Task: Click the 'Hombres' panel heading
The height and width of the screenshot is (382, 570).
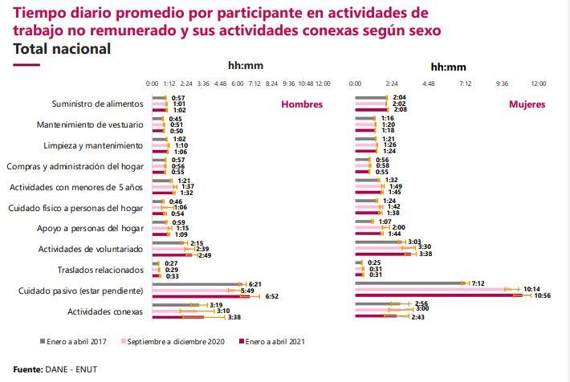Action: click(x=301, y=104)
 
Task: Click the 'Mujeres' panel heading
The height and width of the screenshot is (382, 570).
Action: click(x=527, y=104)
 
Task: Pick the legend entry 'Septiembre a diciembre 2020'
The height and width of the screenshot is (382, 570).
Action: click(x=176, y=341)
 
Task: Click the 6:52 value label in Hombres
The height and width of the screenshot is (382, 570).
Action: click(x=271, y=296)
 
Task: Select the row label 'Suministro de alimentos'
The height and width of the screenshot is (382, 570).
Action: click(x=97, y=104)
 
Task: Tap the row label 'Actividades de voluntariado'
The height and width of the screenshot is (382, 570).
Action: click(x=91, y=249)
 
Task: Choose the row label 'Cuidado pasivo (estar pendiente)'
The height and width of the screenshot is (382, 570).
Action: click(x=81, y=290)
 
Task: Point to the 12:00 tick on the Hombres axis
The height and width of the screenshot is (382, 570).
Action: click(x=322, y=83)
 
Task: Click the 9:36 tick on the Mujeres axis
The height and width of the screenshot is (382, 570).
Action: click(x=502, y=83)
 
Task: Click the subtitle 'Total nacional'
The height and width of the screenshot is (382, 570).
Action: click(x=62, y=49)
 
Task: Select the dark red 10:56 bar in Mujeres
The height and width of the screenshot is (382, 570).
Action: click(x=442, y=295)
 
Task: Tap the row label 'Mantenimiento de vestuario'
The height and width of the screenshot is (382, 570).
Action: click(x=90, y=124)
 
